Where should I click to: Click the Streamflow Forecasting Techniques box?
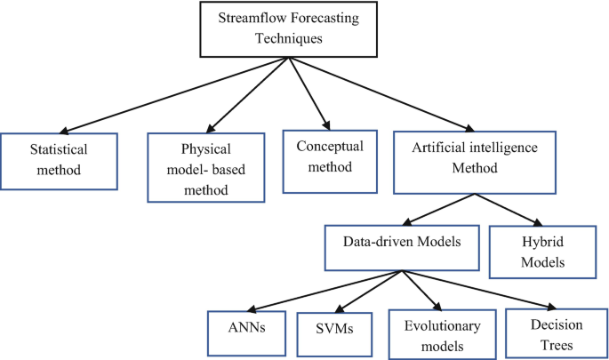click(x=285, y=29)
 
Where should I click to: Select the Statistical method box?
click(x=59, y=161)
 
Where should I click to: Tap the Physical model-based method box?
click(x=204, y=166)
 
